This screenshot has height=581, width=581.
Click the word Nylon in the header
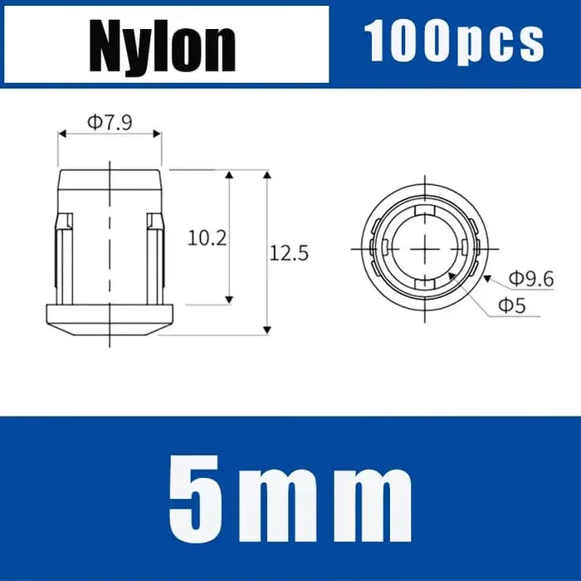[163, 46]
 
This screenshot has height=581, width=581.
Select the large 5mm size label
[290, 498]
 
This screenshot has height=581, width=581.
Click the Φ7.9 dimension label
[110, 122]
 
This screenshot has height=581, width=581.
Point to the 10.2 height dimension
[207, 238]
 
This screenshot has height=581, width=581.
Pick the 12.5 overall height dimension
[289, 253]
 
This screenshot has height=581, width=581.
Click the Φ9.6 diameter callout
[531, 279]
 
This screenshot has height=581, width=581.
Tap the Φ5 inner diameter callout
[512, 306]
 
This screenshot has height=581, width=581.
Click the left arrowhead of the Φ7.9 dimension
[62, 134]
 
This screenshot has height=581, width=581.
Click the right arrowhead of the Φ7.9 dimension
[157, 134]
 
